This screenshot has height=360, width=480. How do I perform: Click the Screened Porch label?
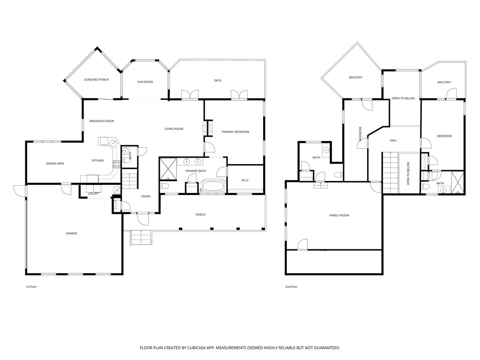tap(97, 80)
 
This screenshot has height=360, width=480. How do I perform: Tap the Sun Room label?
tap(145, 82)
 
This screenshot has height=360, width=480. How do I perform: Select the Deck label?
tap(217, 81)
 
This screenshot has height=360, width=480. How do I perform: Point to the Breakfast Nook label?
tap(102, 121)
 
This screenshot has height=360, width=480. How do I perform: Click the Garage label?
tap(71, 233)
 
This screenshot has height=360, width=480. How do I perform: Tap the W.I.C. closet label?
tap(245, 180)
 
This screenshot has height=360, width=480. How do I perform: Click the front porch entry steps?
tap(141, 238)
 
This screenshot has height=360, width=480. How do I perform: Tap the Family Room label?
tap(339, 215)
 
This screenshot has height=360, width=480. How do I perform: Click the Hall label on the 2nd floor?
tap(393, 140)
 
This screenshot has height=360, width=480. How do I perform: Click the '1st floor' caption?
tap(31, 286)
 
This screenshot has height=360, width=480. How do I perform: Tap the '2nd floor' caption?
tap(291, 286)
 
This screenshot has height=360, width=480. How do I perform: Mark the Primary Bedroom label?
tap(235, 132)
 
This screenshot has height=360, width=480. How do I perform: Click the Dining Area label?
tap(55, 164)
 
